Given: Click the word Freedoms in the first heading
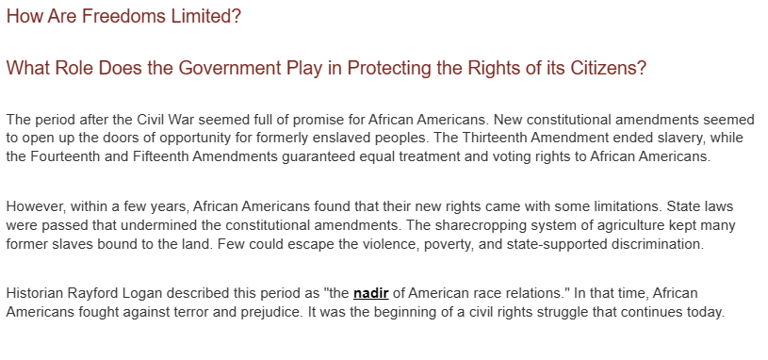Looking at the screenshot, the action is pyautogui.click(x=124, y=16).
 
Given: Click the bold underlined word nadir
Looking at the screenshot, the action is pyautogui.click(x=370, y=293).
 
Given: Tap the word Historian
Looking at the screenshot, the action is pyautogui.click(x=34, y=293).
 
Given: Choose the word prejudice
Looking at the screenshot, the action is pyautogui.click(x=270, y=313).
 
